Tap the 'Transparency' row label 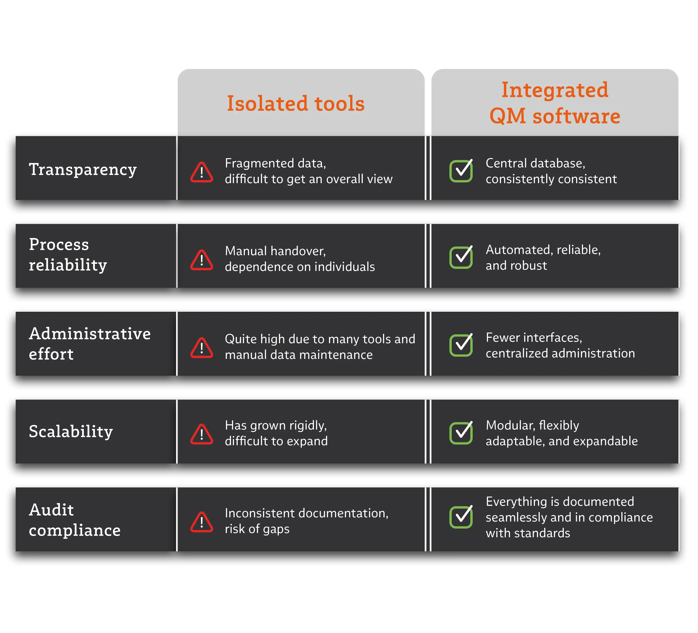tap(83, 170)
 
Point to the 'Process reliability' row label tap(68, 255)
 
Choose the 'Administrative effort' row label tap(90, 344)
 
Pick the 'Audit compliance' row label tap(74, 520)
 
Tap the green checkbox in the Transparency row tap(461, 171)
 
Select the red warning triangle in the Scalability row tap(201, 434)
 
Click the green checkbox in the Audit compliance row tap(461, 517)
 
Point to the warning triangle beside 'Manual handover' tap(201, 260)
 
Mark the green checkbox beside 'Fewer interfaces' tap(461, 345)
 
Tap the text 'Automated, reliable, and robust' tap(543, 258)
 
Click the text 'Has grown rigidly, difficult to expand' tap(276, 433)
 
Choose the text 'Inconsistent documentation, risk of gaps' tap(306, 521)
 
